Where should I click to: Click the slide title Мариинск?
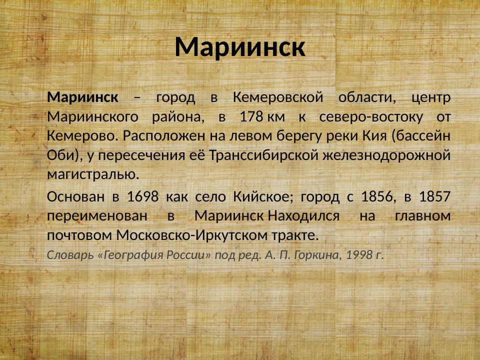(240, 47)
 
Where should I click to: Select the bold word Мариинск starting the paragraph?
(83, 97)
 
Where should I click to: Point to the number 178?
(251, 117)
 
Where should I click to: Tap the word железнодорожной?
(386, 155)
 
